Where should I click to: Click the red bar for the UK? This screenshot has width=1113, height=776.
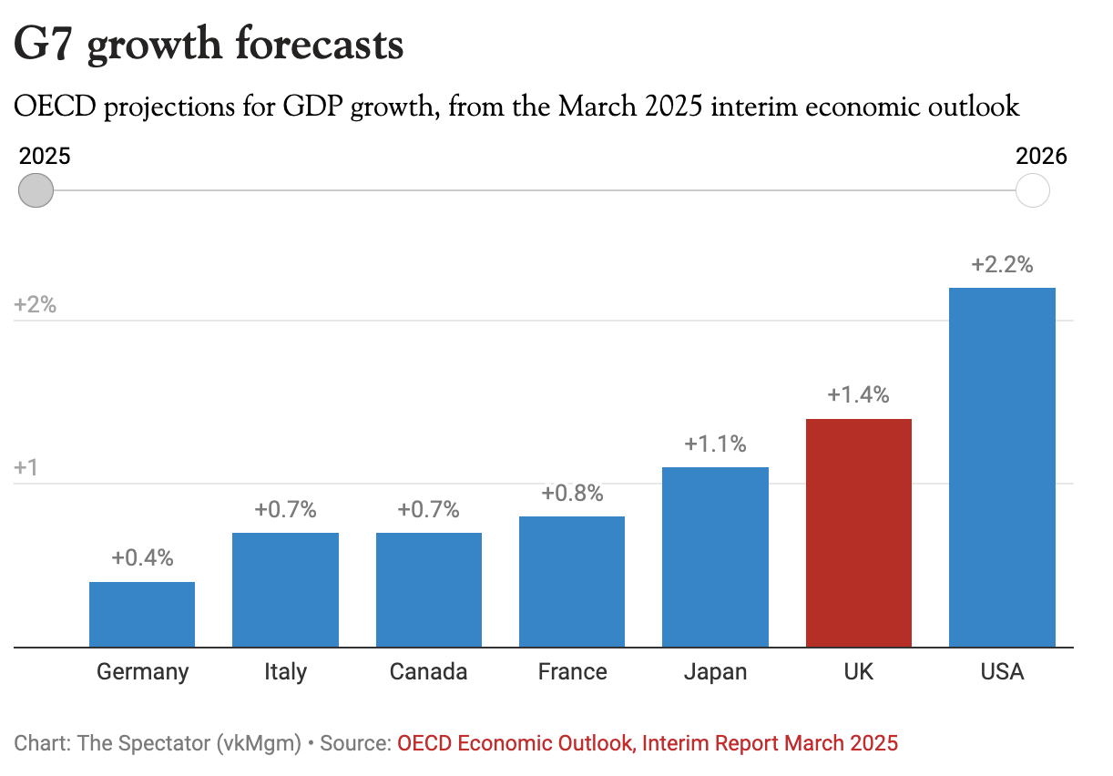tap(858, 533)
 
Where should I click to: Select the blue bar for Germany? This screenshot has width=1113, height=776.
tap(142, 614)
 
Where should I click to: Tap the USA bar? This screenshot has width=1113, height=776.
tap(1002, 467)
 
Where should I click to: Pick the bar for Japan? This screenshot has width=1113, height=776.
tap(715, 556)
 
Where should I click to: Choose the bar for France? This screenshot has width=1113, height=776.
tap(572, 581)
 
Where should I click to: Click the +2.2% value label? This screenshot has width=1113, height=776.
tap(1002, 265)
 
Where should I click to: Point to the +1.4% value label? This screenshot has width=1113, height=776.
tap(858, 395)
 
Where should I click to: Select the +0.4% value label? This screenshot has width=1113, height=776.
tap(142, 557)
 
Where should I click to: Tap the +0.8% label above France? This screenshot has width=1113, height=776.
tap(572, 493)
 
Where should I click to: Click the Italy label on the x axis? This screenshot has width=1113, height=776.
tap(285, 672)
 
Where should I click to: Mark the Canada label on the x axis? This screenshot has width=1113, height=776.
tap(428, 672)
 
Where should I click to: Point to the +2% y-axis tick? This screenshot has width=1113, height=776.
tap(36, 305)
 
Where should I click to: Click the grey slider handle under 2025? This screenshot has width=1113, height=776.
tap(36, 191)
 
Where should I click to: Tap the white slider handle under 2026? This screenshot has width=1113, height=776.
tap(1032, 191)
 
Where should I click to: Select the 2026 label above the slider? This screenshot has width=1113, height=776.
tap(1041, 156)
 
